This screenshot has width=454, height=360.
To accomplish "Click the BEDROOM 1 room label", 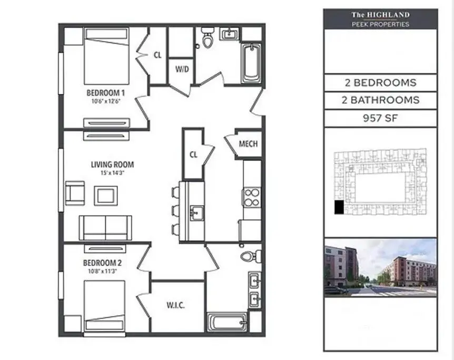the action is [106, 93].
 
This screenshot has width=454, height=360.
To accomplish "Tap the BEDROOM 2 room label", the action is [102, 263].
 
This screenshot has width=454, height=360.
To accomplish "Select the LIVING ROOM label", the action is [112, 164].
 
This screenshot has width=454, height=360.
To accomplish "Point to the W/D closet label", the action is [182, 69].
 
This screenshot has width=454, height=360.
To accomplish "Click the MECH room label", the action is [248, 144].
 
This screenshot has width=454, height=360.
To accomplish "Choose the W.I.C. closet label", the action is [176, 305].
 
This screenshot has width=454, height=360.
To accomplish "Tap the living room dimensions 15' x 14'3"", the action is [112, 173].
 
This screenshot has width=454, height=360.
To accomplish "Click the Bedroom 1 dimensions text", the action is [106, 101].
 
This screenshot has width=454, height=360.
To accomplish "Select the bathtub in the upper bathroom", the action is [251, 63].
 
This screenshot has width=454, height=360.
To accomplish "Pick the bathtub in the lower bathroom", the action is [227, 323].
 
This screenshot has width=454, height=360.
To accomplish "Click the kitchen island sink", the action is [197, 213].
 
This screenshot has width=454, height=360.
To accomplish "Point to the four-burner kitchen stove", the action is [251, 197].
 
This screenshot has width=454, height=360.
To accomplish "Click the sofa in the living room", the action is [105, 228].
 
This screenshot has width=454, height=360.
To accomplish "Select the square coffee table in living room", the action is [106, 196].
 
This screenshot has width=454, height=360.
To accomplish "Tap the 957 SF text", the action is [380, 118].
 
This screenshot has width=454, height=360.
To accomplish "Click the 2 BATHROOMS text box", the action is [380, 100].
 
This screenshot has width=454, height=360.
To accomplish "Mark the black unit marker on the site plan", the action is [339, 207].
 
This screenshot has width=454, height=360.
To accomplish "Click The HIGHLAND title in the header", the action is [380, 15].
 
